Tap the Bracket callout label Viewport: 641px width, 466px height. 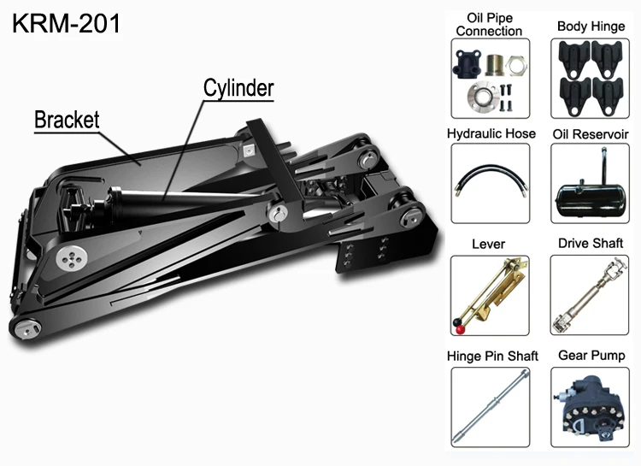coord(67,119)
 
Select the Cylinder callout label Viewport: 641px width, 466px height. coord(239,87)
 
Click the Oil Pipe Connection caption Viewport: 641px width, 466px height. coord(489,25)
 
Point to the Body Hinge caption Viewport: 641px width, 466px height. coord(590,27)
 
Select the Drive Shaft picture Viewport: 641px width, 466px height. coord(590,293)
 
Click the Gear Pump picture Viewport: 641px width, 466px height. coord(590,404)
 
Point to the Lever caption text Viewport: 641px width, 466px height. coord(489,245)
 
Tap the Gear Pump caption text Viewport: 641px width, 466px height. coord(591,355)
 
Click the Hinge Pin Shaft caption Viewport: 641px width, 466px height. coord(489,356)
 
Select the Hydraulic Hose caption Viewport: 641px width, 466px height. coord(491,134)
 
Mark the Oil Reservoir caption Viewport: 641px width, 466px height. coord(591,134)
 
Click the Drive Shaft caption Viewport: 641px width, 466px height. coord(591,245)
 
